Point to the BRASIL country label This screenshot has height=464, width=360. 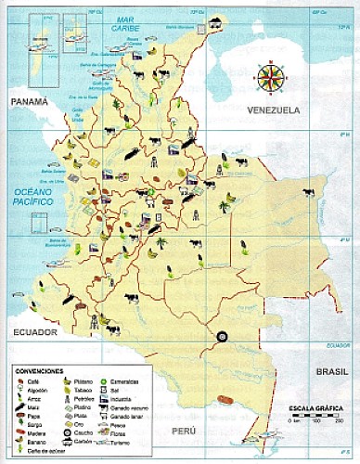[x=330, y=369]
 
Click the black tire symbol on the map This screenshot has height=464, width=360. [x=222, y=337]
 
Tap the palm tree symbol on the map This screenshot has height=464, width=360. [x=161, y=243]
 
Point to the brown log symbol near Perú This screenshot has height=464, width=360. [x=223, y=400]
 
